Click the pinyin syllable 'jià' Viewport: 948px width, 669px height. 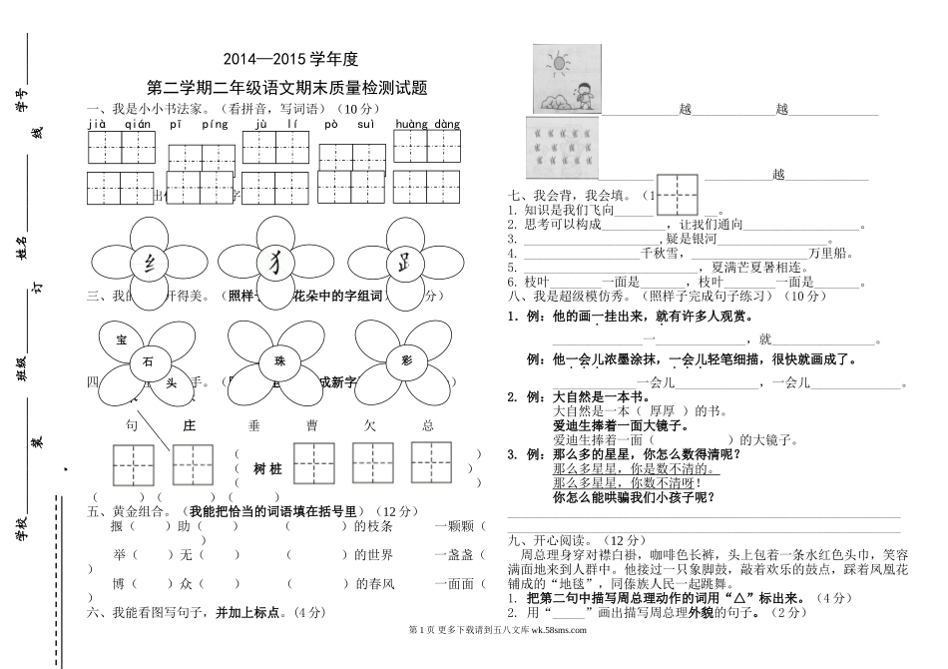pos(97,125)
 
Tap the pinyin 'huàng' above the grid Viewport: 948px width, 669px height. pos(411,125)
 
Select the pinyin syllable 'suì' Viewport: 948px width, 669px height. pos(365,125)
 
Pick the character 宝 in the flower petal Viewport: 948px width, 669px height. pos(122,339)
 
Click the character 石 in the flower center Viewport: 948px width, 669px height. pos(148,361)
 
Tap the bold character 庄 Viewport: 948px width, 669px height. pos(188,425)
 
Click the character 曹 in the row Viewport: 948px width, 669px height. pos(311,425)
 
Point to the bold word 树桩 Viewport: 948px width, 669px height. pos(268,468)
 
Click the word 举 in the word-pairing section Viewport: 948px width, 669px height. pos(120,555)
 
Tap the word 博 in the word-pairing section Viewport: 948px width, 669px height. pos(120,583)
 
